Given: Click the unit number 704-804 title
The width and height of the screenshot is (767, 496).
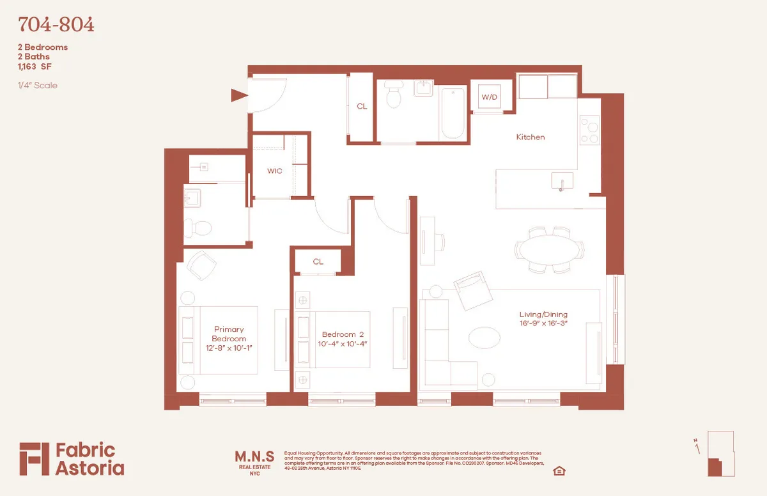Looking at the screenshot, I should [x=56, y=25].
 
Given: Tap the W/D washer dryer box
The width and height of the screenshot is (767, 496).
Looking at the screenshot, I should [x=490, y=97].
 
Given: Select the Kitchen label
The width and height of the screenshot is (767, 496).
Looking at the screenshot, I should [x=531, y=137].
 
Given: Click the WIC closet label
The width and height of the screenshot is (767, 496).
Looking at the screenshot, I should [x=274, y=171].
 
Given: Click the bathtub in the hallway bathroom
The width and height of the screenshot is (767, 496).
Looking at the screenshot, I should [x=453, y=113].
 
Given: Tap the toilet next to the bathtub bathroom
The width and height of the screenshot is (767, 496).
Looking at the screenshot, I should [x=394, y=98].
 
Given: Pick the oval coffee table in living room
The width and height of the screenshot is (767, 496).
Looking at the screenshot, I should [x=490, y=337].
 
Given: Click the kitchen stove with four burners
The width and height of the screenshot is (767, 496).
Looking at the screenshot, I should [x=589, y=130].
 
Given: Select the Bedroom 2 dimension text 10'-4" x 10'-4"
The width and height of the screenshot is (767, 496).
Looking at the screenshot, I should [x=344, y=344].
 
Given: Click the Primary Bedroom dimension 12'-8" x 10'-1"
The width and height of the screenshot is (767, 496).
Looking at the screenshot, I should [x=229, y=348].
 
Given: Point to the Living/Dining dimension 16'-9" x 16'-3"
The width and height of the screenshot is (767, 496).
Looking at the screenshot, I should [x=543, y=324].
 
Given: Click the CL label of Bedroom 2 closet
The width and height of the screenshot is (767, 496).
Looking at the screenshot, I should [x=318, y=261].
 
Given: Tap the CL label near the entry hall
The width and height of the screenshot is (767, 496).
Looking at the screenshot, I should [x=362, y=106].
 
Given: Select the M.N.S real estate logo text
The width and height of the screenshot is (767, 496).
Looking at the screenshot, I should [x=254, y=456].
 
